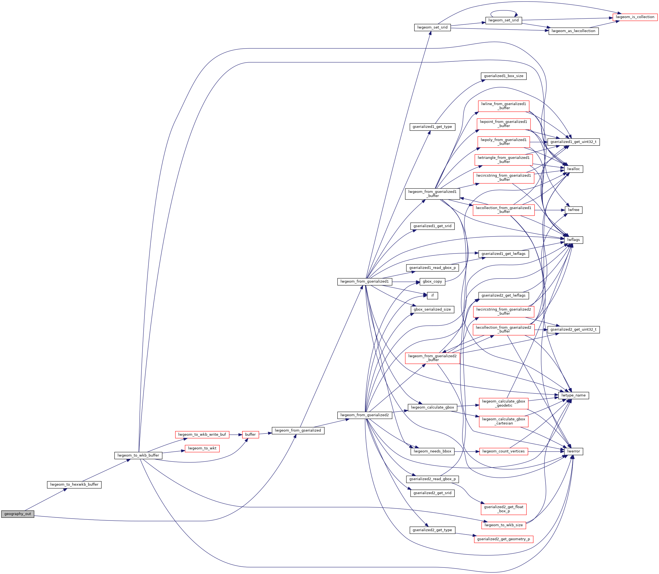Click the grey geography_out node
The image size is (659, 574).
tap(18, 514)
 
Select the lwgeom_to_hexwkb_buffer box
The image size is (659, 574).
tap(74, 484)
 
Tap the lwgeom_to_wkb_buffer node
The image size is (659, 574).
tap(138, 455)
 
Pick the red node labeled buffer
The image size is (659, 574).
tap(251, 435)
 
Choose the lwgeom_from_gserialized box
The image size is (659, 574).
tap(298, 430)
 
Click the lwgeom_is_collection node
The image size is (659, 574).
tap(635, 17)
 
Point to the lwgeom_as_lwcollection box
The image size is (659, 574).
tap(574, 31)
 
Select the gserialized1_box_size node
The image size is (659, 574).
tap(504, 76)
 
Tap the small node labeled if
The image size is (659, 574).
tap(432, 295)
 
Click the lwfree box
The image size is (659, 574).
tap(574, 210)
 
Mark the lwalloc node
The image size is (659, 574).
tap(574, 169)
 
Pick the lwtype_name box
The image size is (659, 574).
tap(574, 395)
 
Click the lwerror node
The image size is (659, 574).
tap(574, 451)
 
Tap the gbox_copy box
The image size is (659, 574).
tap(432, 282)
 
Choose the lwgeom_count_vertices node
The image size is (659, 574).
tap(504, 451)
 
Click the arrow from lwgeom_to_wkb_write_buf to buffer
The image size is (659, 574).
tap(236, 435)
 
